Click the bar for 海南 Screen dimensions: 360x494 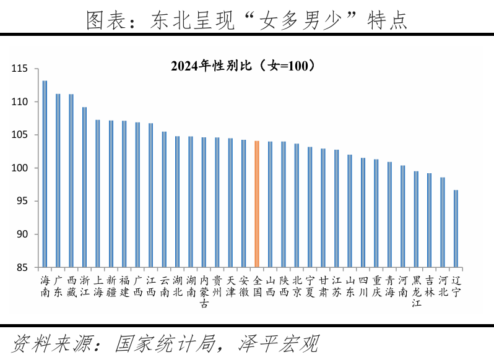click(45, 174)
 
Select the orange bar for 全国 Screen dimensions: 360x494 click(256, 204)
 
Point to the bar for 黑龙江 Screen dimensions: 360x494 click(416, 220)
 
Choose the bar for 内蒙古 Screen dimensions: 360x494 click(204, 202)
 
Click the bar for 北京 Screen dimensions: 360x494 click(297, 205)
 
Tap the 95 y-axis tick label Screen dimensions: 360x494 click(23, 201)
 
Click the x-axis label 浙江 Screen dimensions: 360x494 click(84, 286)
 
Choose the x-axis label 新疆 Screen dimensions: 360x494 click(111, 286)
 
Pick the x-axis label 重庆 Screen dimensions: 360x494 click(376, 286)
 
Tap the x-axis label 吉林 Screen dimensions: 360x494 click(430, 286)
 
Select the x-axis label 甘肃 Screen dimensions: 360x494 click(323, 286)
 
